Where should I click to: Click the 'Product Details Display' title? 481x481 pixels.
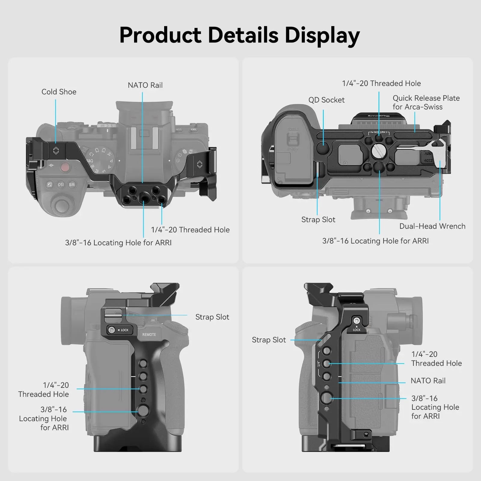tap(240, 35)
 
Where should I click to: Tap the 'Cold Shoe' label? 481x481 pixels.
tap(59, 92)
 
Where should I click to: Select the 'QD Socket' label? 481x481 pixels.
tap(326, 100)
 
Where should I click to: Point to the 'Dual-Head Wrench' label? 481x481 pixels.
tap(432, 226)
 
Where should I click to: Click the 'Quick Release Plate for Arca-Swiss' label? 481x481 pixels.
tap(426, 102)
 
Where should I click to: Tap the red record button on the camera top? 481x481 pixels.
tap(65, 167)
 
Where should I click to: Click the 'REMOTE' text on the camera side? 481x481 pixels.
tap(149, 335)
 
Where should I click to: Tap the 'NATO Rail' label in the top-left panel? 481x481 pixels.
tap(145, 85)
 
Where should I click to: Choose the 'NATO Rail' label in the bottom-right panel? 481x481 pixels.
tap(428, 381)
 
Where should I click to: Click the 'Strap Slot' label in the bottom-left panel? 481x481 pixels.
tap(212, 317)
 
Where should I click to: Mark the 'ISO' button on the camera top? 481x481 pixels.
tap(61, 185)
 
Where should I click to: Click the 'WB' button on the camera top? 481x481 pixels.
tap(72, 185)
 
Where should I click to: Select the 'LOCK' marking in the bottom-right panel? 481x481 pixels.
tap(357, 330)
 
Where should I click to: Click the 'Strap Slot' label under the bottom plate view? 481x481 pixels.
tap(318, 219)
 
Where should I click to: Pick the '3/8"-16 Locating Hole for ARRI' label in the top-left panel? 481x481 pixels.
tap(118, 243)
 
